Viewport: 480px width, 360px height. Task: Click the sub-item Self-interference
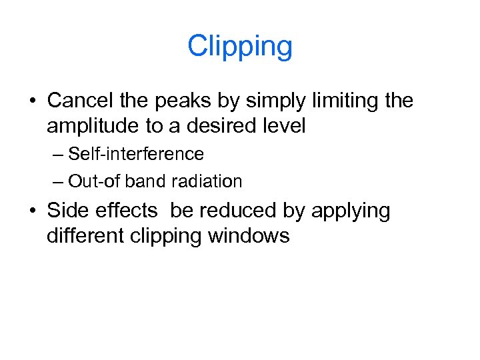click(x=136, y=154)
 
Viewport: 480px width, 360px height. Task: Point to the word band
click(x=149, y=181)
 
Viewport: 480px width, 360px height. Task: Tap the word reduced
click(x=236, y=210)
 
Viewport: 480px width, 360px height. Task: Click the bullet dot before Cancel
click(x=32, y=102)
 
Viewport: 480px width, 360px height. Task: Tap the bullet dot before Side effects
click(x=32, y=211)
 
